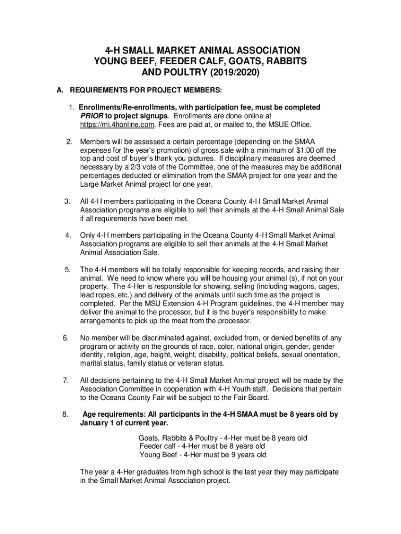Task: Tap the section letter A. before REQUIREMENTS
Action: (x=60, y=91)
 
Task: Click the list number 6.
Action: (x=67, y=338)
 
